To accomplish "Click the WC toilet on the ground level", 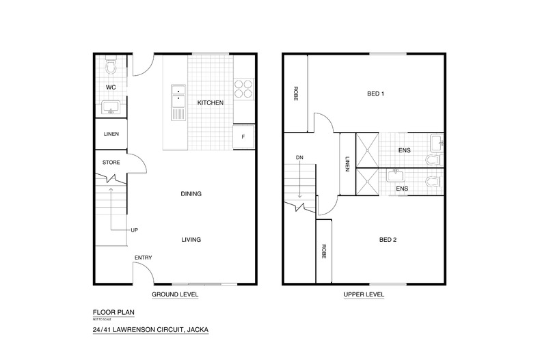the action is click(111, 66).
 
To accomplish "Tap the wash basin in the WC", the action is click(111, 107).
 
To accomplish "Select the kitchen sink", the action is click(178, 102).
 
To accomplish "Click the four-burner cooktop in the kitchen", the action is click(243, 88).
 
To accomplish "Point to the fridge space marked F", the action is click(243, 137).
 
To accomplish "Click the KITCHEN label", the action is click(211, 102).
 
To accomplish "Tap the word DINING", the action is click(191, 194).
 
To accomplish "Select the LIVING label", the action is click(191, 240).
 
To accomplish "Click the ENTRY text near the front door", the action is click(144, 258).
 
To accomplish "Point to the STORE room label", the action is click(111, 162).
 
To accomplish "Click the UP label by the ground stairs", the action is click(134, 230).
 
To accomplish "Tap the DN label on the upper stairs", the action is click(299, 157).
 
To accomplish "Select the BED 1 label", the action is click(376, 94).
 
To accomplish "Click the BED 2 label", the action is click(388, 240).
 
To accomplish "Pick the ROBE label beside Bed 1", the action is click(295, 94).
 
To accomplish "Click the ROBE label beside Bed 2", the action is click(324, 251).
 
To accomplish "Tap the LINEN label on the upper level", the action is click(347, 164).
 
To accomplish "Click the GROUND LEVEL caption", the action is click(175, 294).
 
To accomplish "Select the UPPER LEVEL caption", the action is click(364, 294).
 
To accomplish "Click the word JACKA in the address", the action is click(198, 329).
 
